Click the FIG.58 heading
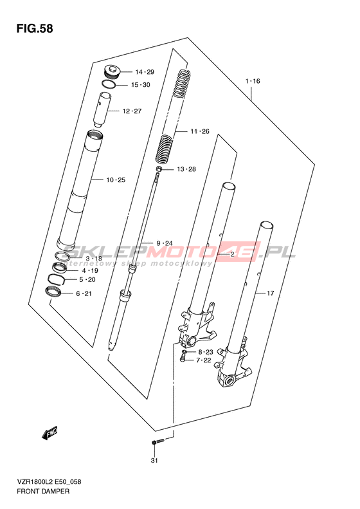35,28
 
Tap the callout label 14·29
145,72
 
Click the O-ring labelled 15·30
109,84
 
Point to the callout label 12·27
132,111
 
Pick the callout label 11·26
200,131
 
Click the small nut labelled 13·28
159,169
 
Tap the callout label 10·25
116,180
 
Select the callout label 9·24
165,243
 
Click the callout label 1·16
253,81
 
